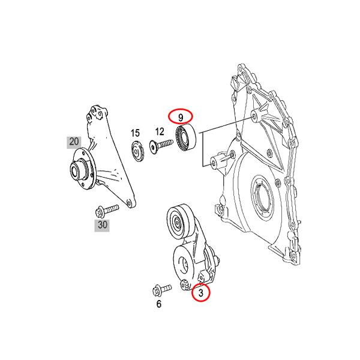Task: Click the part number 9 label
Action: (x=180, y=115)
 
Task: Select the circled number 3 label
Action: (x=202, y=293)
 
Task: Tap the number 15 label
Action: (x=136, y=133)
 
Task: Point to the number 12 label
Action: (x=159, y=131)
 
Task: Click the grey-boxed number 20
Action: (x=74, y=142)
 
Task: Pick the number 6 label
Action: (x=159, y=304)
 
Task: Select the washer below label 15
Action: (x=138, y=150)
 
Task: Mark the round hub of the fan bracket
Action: (x=78, y=170)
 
